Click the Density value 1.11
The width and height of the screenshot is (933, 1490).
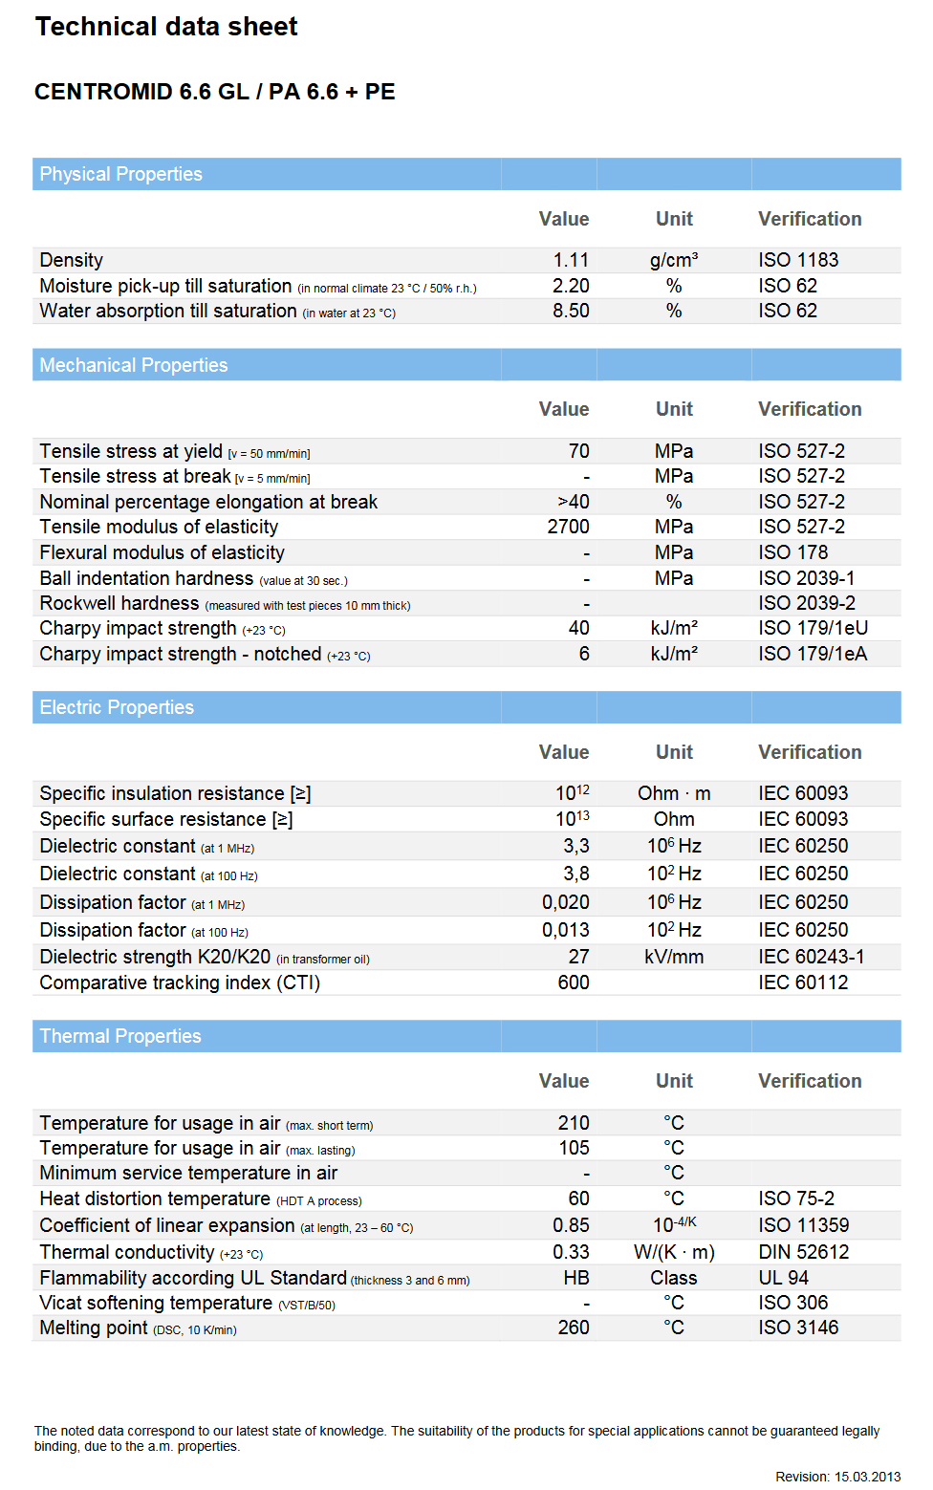pos(571,260)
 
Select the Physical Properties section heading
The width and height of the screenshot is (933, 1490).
pos(120,174)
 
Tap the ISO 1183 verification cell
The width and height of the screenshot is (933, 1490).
pos(798,260)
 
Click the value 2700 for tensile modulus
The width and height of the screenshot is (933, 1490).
pos(568,527)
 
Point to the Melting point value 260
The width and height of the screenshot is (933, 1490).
pos(574,1328)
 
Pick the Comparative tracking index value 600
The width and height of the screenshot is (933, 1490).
pos(574,983)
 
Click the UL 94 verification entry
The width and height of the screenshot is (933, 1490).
pos(784,1278)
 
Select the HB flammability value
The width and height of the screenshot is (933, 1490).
pos(576,1278)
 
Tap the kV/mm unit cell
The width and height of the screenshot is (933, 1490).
pos(674,957)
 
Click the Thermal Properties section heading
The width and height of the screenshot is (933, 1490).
pos(120,1036)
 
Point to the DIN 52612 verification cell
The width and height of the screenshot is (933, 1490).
pos(804,1252)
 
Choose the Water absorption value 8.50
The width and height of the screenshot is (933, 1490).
pos(571,311)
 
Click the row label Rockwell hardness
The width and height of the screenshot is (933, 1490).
pos(119,603)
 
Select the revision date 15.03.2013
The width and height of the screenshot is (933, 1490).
pos(867,1477)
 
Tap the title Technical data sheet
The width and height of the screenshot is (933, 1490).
pos(166,27)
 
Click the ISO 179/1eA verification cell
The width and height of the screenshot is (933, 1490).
pos(813,654)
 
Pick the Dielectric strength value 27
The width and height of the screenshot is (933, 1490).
pos(578,957)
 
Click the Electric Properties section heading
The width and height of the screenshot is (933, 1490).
pos(117,707)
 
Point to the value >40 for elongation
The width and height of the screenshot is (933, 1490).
pos(574,502)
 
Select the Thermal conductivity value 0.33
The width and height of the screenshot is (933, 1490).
pos(571,1252)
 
